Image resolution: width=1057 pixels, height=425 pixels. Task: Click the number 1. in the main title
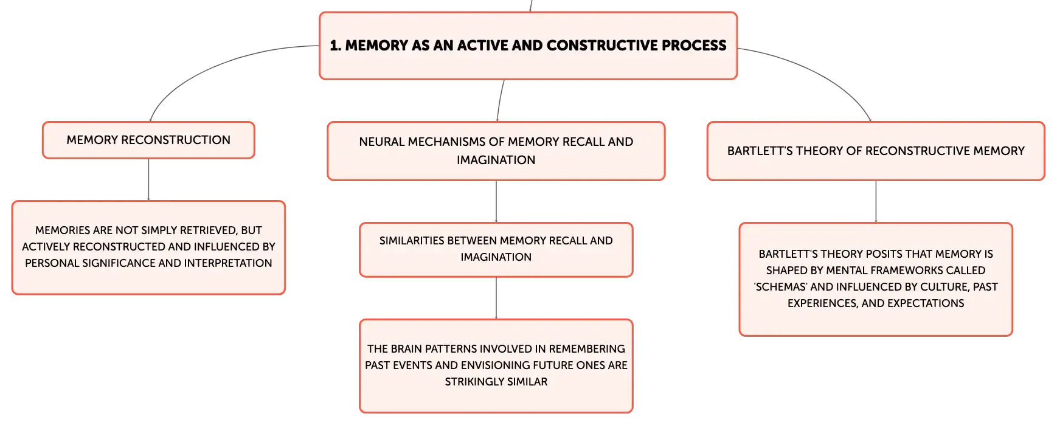click(335, 46)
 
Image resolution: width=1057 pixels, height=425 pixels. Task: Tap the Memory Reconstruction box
click(148, 140)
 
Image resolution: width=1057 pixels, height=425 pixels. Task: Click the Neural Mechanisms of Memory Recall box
click(496, 151)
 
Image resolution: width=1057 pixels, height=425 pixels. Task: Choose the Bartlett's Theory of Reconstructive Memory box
click(876, 151)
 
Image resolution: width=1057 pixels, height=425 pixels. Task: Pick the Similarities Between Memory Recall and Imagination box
click(496, 249)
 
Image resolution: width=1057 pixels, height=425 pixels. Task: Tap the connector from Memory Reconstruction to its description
click(148, 180)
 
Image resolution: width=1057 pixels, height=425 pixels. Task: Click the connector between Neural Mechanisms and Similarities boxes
click(496, 202)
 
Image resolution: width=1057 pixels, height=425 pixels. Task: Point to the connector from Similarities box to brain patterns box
click(496, 299)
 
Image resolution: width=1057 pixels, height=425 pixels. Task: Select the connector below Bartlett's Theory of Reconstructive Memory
click(876, 202)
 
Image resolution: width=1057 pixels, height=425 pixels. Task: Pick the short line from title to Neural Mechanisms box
click(500, 100)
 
